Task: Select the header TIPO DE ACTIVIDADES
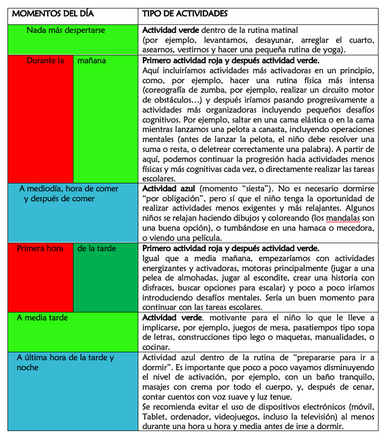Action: tap(185, 13)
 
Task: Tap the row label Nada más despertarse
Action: tap(66, 30)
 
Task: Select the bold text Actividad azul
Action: tap(164, 189)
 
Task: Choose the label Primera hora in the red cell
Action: tap(40, 248)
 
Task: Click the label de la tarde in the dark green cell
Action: tap(96, 248)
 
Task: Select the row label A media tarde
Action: tap(42, 317)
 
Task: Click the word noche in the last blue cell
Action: tap(27, 367)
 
